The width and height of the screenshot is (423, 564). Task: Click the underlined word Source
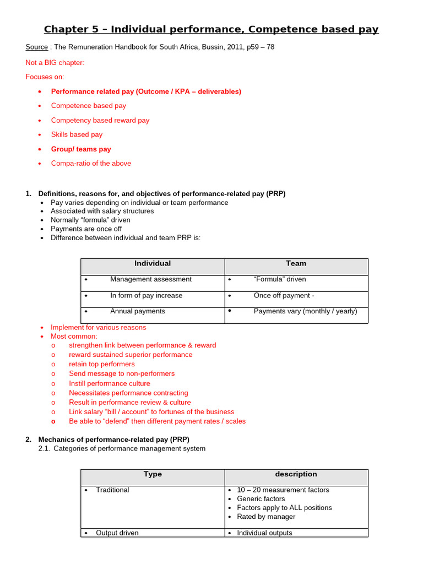[x=37, y=47]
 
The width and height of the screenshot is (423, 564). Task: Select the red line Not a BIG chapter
[x=55, y=63]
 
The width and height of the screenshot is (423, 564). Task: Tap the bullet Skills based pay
[x=77, y=134]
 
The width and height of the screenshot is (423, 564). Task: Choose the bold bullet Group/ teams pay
[x=81, y=149]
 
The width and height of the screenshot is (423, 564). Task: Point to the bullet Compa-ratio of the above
[x=91, y=164]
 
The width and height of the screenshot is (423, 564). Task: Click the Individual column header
[x=153, y=264]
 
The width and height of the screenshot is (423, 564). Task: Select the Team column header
[x=296, y=264]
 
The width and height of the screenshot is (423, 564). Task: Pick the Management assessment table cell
[x=151, y=279]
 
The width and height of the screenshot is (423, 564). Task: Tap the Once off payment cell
[x=284, y=296]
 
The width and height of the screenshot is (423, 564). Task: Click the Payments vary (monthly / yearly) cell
[x=305, y=311]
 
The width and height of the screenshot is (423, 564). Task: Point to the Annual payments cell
[x=138, y=311]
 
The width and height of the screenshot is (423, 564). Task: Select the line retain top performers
[x=101, y=364]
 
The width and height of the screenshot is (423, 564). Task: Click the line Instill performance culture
[x=109, y=383]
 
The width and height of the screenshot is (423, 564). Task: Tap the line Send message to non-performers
[x=122, y=373]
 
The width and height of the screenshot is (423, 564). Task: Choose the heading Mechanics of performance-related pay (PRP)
[x=113, y=440]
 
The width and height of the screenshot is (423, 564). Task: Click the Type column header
[x=153, y=474]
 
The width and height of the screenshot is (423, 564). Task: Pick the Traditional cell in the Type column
[x=112, y=490]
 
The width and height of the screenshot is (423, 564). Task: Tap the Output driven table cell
[x=117, y=533]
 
